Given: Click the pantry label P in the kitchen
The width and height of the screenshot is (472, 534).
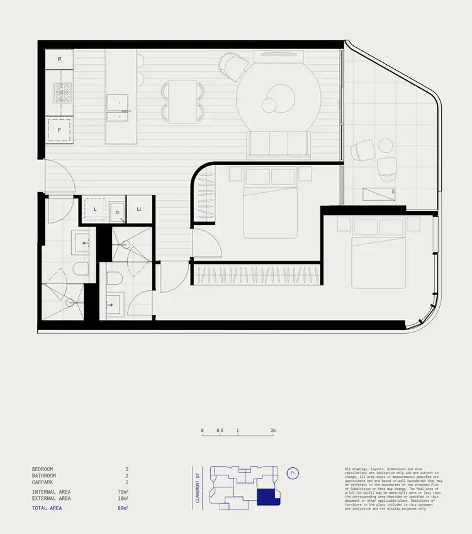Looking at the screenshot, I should [x=60, y=59].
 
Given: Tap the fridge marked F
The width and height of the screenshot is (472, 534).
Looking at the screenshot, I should [x=60, y=130].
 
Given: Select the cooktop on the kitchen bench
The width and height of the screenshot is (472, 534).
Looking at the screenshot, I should [x=62, y=93].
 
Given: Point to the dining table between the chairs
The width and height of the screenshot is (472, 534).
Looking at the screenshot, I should [x=183, y=101].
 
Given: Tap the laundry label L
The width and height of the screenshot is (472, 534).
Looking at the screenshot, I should [x=94, y=208].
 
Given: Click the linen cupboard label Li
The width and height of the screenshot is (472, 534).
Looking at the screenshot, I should [x=138, y=208].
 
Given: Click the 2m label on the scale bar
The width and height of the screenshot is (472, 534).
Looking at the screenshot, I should [x=273, y=431].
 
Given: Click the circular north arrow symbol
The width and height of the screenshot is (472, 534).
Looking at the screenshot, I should [x=292, y=474].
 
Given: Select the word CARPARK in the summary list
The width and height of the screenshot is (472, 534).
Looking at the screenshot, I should [x=43, y=482].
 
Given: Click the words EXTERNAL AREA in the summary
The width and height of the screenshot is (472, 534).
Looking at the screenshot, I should [x=51, y=498].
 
